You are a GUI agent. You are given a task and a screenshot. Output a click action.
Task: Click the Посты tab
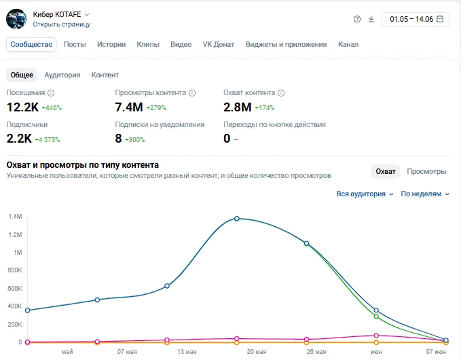point(75,44)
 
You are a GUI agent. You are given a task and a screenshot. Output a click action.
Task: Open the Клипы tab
point(148,44)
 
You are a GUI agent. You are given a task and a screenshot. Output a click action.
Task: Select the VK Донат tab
point(219,44)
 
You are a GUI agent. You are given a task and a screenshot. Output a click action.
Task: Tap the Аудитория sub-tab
point(62,75)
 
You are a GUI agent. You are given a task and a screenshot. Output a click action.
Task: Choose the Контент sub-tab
point(105,75)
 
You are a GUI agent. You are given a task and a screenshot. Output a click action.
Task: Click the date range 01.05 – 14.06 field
point(416,19)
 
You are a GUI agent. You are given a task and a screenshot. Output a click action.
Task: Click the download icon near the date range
point(371,19)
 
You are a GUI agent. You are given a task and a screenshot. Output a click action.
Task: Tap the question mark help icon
point(357,19)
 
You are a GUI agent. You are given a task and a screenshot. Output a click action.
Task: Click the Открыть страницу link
point(62,24)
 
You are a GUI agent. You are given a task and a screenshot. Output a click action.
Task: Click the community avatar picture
point(16,19)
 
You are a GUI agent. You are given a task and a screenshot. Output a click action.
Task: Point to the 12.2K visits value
point(22,107)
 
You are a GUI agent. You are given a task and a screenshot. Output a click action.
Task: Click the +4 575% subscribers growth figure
point(48,139)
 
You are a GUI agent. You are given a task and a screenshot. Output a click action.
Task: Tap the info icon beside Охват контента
point(281,93)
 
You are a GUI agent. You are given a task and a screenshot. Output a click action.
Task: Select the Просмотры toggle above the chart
point(426,171)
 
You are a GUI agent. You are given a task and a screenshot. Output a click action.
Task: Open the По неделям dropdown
point(425,194)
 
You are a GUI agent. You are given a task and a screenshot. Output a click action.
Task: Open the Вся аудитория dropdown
point(365,194)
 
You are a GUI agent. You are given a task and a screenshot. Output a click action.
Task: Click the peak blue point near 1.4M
point(237,219)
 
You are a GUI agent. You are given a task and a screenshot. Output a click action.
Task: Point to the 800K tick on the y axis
point(15,270)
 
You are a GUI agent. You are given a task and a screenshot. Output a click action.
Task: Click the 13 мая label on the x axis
point(187,352)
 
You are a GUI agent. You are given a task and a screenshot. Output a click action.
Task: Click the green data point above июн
point(376,317)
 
